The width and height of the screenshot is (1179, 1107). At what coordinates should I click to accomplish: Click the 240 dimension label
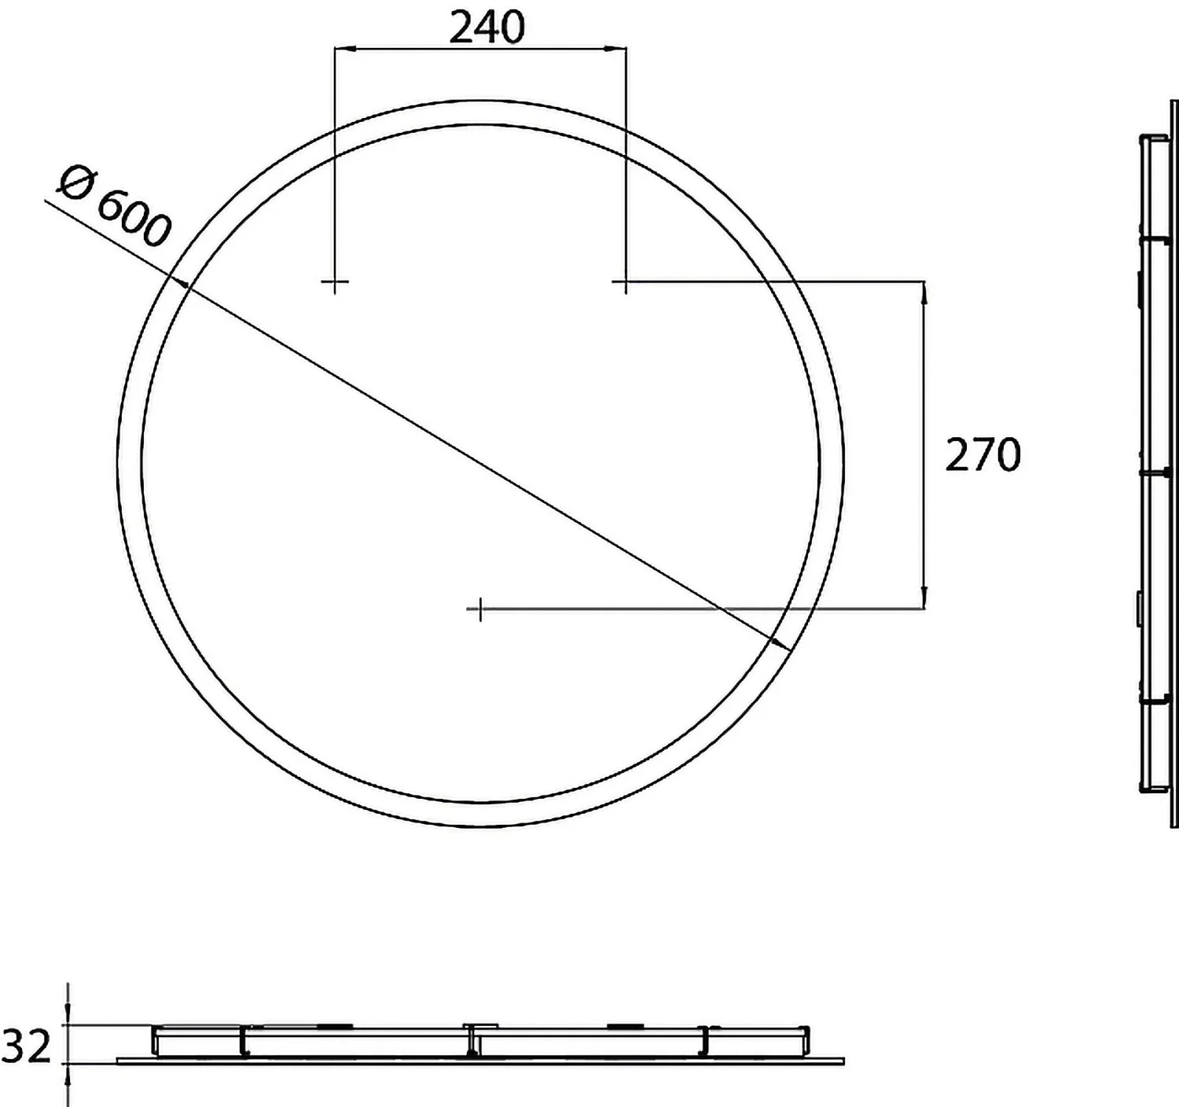point(487,28)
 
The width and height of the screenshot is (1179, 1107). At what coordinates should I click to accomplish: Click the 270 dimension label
point(982,455)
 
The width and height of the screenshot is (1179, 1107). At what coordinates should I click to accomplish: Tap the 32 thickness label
point(27,1046)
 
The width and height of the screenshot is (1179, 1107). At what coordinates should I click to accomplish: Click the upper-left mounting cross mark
point(335,281)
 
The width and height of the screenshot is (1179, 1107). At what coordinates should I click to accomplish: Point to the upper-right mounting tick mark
point(626,281)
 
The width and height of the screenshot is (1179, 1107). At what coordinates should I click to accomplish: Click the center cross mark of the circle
point(479,609)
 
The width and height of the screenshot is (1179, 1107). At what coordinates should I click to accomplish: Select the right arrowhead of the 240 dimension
point(616,50)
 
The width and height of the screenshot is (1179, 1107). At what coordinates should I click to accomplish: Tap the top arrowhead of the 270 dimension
point(924,292)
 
